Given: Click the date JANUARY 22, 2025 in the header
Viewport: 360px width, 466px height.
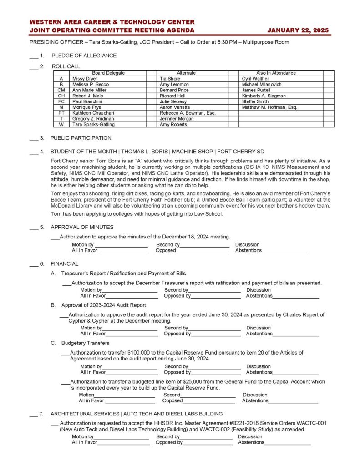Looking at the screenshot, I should [x=298, y=30].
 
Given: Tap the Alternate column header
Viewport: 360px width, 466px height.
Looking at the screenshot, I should [x=186, y=73].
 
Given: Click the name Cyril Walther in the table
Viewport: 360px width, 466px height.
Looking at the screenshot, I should [x=255, y=79].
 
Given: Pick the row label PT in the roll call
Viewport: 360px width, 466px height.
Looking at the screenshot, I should [x=61, y=113].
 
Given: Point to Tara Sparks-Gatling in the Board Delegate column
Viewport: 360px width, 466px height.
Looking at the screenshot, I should [x=93, y=124].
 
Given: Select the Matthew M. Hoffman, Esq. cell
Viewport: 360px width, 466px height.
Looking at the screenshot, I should [x=269, y=107].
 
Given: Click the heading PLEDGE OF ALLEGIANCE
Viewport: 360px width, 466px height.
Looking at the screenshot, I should [x=84, y=56].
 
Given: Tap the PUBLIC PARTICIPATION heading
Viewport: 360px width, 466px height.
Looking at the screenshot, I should [x=81, y=138].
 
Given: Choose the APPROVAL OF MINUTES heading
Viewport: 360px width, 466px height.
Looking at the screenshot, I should [x=82, y=227].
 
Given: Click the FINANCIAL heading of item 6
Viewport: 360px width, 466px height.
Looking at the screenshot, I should [x=64, y=263].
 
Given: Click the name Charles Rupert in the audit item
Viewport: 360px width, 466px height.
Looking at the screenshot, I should [x=301, y=314].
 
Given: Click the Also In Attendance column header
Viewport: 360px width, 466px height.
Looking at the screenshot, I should [x=276, y=73].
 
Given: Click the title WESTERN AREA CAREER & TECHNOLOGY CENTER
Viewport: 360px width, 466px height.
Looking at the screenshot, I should [x=112, y=22].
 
